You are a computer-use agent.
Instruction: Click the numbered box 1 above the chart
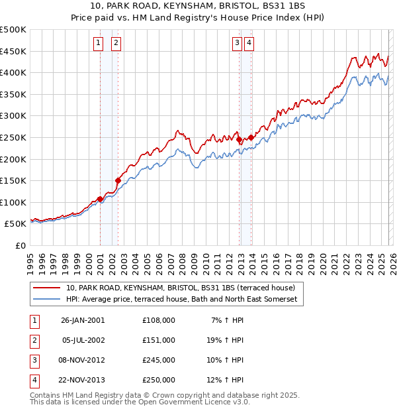click(x=98, y=44)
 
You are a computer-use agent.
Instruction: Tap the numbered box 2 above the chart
click(x=116, y=44)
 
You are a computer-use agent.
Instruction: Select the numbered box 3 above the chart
click(x=237, y=44)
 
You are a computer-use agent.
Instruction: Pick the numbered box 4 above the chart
click(x=249, y=44)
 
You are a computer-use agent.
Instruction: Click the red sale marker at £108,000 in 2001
click(x=100, y=199)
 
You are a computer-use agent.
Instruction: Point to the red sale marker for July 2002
click(x=118, y=180)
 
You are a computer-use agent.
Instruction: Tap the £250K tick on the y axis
click(x=13, y=137)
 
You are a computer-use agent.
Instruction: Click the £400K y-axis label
click(x=13, y=72)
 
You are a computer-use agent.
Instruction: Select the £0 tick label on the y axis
click(x=20, y=245)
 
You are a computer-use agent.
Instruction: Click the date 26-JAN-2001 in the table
click(x=83, y=320)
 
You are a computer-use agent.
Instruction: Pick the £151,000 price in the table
click(x=158, y=340)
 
